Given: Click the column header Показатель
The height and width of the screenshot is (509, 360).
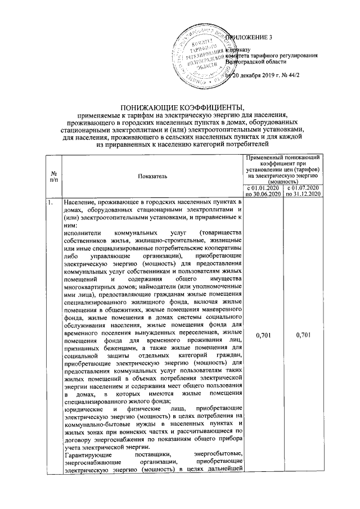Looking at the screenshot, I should (x=152, y=177).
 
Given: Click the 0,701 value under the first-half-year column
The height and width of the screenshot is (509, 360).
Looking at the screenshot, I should (x=263, y=336).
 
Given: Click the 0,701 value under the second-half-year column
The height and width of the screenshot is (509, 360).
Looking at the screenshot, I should (x=303, y=336).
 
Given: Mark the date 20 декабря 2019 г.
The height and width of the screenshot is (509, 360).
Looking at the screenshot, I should (x=256, y=75).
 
